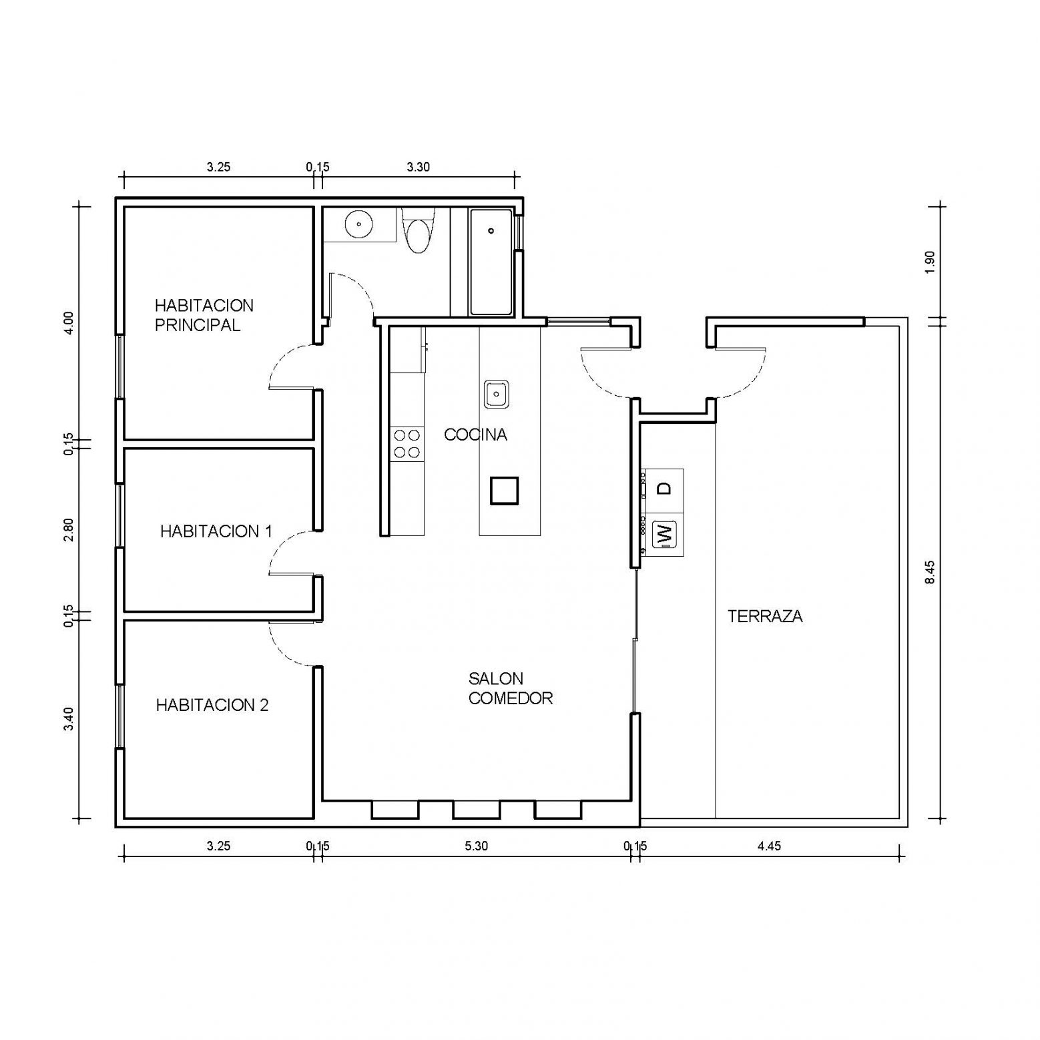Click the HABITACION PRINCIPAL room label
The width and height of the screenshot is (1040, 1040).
(x=204, y=315)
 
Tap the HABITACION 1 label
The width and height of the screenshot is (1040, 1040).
(x=216, y=531)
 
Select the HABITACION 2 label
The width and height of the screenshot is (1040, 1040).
(x=212, y=705)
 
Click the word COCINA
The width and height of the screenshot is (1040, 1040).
(x=475, y=435)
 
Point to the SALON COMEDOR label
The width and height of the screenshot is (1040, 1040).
(x=511, y=688)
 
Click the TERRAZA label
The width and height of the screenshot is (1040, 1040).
(x=765, y=616)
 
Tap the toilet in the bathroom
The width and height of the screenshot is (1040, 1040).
(x=419, y=231)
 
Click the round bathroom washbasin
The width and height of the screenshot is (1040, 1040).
(x=360, y=224)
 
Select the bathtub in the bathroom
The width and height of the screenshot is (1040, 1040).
(x=491, y=262)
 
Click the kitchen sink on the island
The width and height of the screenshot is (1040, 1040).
(x=497, y=394)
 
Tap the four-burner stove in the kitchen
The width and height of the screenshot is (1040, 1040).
(x=407, y=444)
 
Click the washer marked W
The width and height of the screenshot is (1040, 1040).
(x=664, y=534)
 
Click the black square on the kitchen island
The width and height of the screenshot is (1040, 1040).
(x=504, y=491)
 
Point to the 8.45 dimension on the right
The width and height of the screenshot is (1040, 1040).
(x=931, y=572)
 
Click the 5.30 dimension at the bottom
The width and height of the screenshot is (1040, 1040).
(x=476, y=846)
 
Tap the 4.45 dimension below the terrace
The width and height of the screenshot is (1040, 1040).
(x=769, y=846)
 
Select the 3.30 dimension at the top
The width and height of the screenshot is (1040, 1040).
(x=419, y=167)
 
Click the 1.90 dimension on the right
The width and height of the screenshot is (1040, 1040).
(x=931, y=262)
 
